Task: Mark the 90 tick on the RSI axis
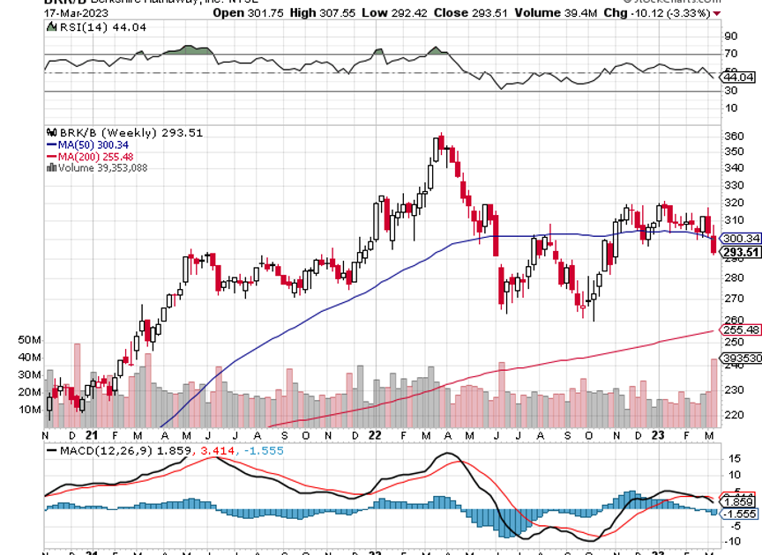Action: tap(730, 37)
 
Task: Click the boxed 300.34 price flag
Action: tap(741, 239)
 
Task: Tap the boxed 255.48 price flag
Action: tap(741, 330)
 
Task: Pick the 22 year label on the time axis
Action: tap(375, 435)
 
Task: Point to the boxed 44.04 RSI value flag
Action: tap(739, 78)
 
